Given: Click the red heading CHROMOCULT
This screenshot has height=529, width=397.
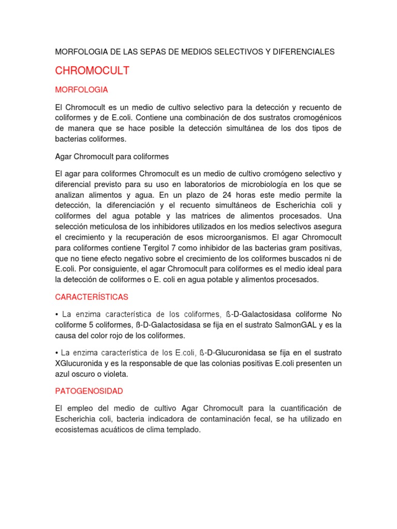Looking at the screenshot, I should (92, 71).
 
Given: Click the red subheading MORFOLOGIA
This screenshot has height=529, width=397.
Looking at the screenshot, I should (81, 90).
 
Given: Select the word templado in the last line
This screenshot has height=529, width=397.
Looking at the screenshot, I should (184, 430).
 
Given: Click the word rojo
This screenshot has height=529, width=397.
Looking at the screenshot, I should (135, 335).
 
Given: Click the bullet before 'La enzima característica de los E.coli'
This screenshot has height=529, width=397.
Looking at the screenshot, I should (57, 353).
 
